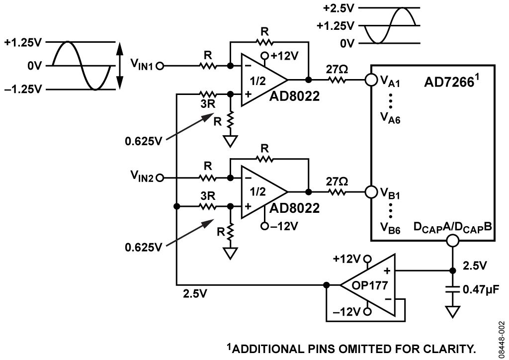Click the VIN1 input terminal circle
160,66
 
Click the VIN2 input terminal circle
160,178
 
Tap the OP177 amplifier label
370,285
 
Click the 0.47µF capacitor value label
481,289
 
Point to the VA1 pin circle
371,80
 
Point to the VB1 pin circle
371,191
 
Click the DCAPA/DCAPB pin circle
452,241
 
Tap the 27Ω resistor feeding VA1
337,80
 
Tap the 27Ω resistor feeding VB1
337,192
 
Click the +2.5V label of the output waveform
338,8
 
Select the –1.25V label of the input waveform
23,89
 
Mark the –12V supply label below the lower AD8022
284,226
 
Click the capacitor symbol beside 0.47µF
452,289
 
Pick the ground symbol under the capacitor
452,312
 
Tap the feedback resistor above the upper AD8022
264,42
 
